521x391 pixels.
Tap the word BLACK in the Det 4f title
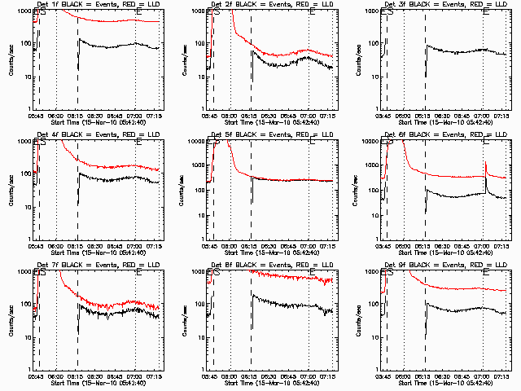[74, 134]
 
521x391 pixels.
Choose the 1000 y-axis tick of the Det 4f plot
[23, 141]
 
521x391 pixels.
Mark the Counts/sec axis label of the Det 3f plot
[355, 60]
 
